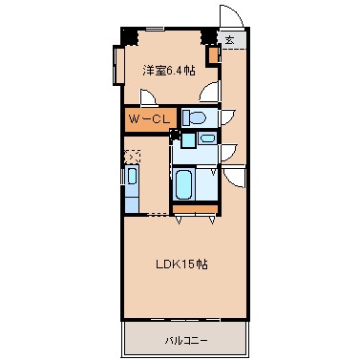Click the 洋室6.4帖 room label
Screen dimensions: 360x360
click(169, 71)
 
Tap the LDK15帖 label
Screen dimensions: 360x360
click(181, 264)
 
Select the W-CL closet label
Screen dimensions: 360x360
click(149, 119)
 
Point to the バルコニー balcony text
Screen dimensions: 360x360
click(186, 341)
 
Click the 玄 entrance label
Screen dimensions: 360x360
click(230, 40)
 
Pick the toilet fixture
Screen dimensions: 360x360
click(194, 117)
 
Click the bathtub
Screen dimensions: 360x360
click(183, 184)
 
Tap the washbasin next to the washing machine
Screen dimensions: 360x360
click(208, 138)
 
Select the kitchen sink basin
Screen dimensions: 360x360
click(132, 176)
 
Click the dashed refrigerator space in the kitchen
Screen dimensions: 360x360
click(132, 156)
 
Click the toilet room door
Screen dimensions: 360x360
click(227, 116)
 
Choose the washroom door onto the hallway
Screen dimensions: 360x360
click(228, 152)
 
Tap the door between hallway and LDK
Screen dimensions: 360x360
click(235, 178)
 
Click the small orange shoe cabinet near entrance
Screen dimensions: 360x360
click(214, 55)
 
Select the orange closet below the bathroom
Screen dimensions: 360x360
click(195, 209)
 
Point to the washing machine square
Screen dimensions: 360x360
click(188, 140)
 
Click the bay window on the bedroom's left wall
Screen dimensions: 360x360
click(118, 65)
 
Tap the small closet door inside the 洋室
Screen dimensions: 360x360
click(148, 97)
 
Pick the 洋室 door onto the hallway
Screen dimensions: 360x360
click(210, 92)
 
